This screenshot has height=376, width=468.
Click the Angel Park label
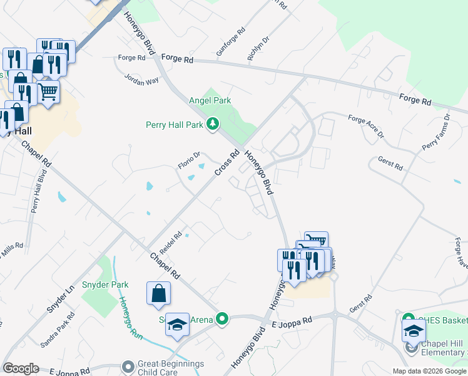(x=210, y=100)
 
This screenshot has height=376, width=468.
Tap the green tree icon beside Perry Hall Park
(x=213, y=124)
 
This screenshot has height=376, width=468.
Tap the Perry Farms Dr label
(x=436, y=133)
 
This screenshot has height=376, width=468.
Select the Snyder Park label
(x=111, y=285)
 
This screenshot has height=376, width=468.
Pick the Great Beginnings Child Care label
(x=171, y=368)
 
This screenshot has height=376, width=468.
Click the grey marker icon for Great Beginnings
(x=128, y=365)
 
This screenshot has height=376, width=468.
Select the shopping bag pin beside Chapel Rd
(x=158, y=294)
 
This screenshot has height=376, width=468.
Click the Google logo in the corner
(x=21, y=368)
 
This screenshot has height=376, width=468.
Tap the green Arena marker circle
(x=221, y=319)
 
